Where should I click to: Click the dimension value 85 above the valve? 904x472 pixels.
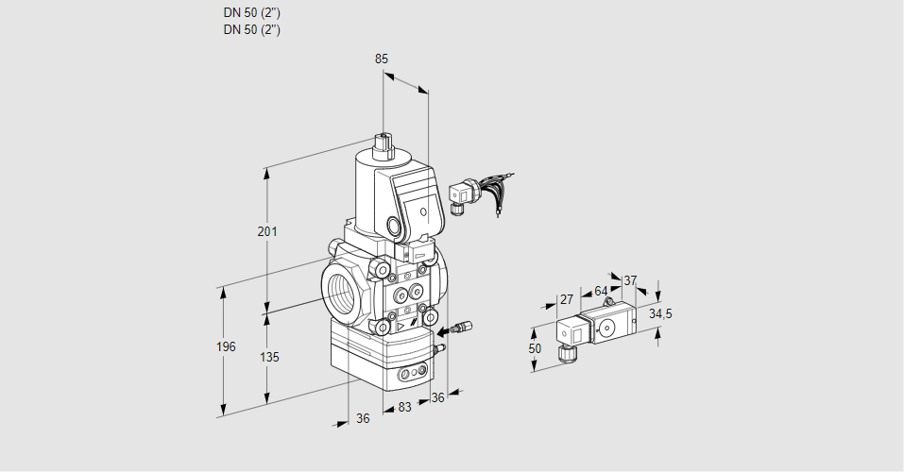point(382,59)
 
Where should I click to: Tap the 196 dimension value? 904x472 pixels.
point(225,347)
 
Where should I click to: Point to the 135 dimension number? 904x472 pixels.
point(269,357)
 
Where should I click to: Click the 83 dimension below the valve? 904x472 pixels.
point(404,408)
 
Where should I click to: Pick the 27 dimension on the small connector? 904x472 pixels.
point(566,300)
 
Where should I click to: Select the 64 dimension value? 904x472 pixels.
point(601,292)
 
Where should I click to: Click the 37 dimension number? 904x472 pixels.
point(630,280)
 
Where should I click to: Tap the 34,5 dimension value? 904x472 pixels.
point(660,313)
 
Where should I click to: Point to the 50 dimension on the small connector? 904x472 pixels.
point(535,348)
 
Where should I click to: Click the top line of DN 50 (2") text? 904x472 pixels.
point(252,13)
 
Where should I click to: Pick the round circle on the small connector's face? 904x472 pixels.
point(605,328)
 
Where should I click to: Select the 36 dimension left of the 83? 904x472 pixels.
point(363,419)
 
